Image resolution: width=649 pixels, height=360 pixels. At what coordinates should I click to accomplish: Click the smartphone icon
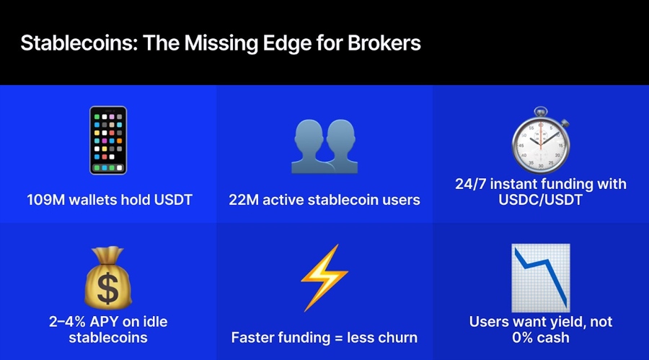click(108, 141)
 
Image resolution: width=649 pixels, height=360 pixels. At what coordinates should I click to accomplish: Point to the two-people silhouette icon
click(324, 144)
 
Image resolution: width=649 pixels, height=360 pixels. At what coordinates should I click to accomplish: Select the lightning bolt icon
click(324, 277)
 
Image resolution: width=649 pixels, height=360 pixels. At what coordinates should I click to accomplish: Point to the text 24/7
click(473, 184)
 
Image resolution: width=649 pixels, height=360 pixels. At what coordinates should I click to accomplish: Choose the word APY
click(114, 321)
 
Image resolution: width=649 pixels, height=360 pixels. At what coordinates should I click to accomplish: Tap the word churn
click(397, 337)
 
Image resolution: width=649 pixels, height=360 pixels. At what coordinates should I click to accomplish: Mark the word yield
click(561, 321)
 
